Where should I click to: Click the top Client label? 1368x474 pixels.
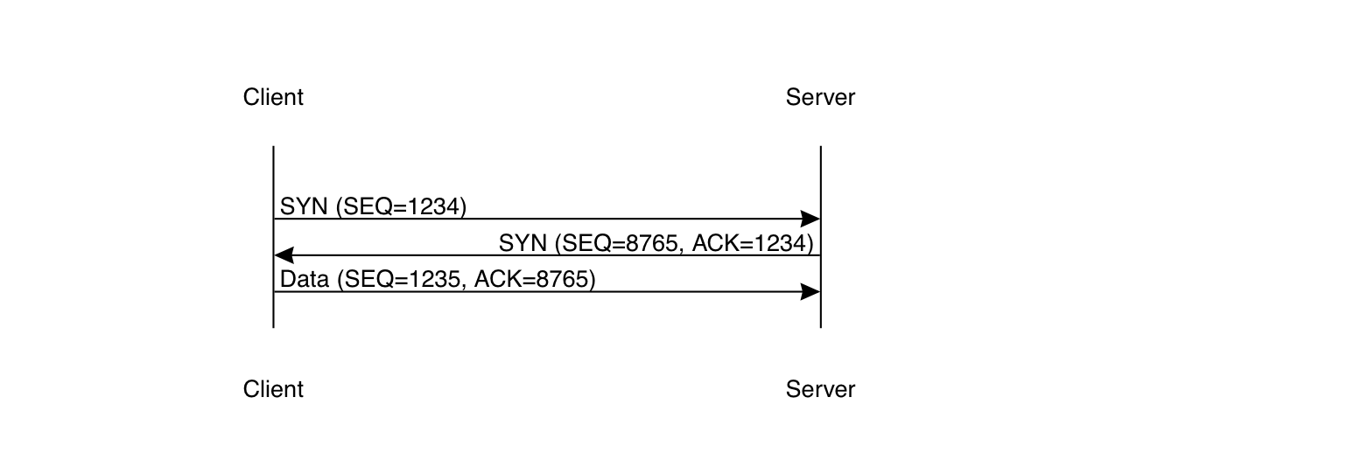(x=273, y=97)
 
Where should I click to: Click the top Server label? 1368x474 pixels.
(x=820, y=97)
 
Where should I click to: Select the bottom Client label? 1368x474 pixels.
(x=273, y=389)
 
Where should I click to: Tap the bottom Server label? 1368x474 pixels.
(x=820, y=389)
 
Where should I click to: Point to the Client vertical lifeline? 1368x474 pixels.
(x=274, y=175)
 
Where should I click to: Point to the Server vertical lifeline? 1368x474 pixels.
(x=820, y=175)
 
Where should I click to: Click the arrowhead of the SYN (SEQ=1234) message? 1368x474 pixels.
(x=810, y=219)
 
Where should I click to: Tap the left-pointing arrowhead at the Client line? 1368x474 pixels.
(x=284, y=255)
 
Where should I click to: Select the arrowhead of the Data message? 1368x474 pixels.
(x=810, y=292)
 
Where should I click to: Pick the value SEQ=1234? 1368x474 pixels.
(x=403, y=206)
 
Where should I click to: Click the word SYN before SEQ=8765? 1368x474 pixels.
(x=523, y=242)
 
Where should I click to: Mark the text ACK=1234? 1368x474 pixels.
(x=753, y=242)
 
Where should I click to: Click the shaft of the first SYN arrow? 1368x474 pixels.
(x=543, y=219)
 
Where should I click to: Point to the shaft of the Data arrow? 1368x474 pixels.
(x=543, y=292)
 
